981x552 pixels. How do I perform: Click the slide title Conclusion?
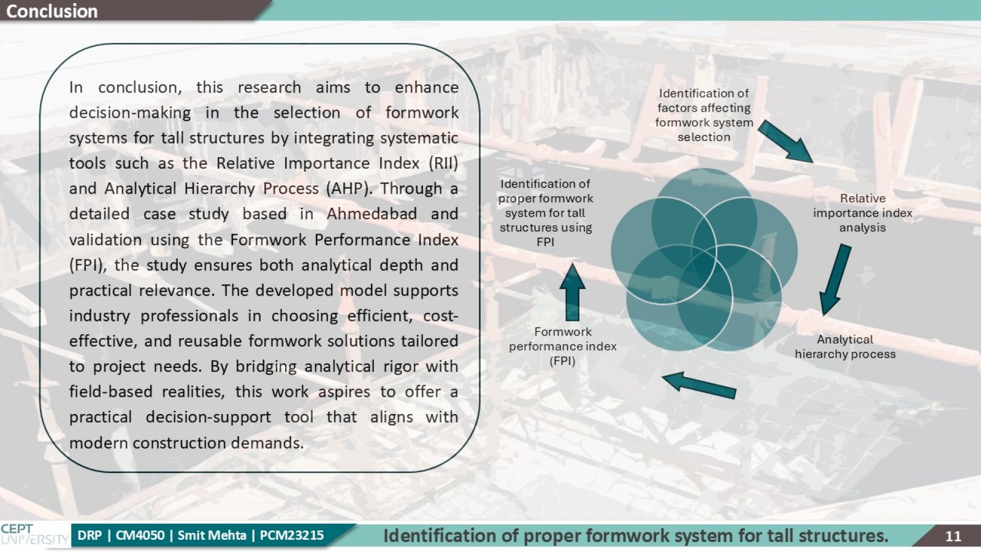(52, 11)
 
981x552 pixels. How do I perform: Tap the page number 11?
(953, 536)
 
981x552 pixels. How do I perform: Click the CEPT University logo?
(34, 535)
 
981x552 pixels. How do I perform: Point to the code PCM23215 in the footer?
(292, 535)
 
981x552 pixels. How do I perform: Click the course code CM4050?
(140, 535)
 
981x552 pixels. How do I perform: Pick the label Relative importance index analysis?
(862, 213)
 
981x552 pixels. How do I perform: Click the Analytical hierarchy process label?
(845, 347)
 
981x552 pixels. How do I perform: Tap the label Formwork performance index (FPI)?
(562, 346)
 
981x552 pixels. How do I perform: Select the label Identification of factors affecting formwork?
(704, 115)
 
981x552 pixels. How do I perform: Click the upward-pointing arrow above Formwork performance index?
(573, 292)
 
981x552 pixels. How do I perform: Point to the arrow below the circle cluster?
(700, 385)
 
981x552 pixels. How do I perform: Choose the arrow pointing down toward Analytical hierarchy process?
(834, 280)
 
